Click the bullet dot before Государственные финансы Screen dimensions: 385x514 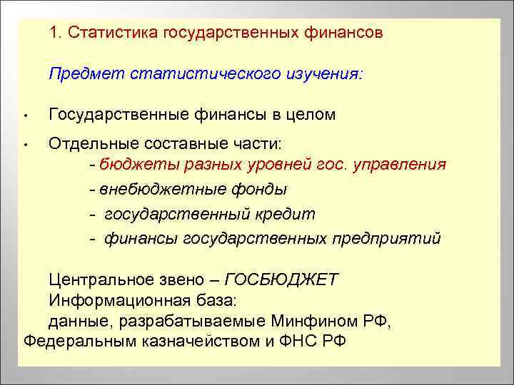click(24, 116)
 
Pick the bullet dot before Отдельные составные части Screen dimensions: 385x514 click(24, 145)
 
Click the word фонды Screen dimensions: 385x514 click(262, 189)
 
